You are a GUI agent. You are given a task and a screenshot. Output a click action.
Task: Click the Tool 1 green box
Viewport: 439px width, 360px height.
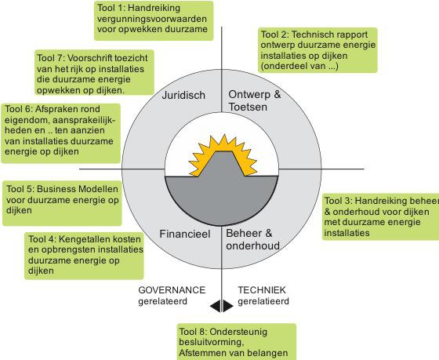pos(154,20)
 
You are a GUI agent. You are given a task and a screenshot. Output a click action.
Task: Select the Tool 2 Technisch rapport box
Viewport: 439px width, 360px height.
pos(317,50)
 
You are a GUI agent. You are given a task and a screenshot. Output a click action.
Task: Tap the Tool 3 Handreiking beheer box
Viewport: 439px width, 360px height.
pos(380,216)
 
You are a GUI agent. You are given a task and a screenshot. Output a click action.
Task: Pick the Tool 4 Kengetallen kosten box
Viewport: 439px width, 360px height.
pos(84,256)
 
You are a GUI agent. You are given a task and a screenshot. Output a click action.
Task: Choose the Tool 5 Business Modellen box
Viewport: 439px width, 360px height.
pos(62,203)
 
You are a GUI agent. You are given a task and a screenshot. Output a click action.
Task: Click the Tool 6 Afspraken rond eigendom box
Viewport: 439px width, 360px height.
pos(61,133)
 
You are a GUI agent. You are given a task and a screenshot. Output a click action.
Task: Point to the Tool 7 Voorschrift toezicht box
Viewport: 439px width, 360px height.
pos(94,73)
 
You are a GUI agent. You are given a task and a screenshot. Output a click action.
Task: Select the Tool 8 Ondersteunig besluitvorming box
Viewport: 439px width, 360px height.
pos(236,342)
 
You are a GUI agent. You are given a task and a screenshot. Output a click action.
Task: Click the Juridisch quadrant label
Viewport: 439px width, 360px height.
pos(183,95)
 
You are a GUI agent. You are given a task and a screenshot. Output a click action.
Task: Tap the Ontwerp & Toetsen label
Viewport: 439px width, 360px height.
pos(255,100)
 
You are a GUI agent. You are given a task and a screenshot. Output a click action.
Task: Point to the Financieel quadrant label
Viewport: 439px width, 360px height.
pos(185,234)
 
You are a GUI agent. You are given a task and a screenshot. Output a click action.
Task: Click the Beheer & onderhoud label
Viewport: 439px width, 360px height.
pos(252,239)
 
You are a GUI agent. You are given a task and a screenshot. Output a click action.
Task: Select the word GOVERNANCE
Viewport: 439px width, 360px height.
pos(172,290)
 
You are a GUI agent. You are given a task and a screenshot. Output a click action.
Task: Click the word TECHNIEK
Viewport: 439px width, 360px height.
pos(262,290)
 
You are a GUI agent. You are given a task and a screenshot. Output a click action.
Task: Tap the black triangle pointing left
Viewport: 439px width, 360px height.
pos(216,306)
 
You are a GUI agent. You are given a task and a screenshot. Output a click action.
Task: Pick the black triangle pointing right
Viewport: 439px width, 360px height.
pos(227,306)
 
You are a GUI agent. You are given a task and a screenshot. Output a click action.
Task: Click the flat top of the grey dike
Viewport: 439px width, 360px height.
pos(223,152)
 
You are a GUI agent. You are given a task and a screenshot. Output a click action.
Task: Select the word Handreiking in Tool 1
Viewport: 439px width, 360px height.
pos(154,8)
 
